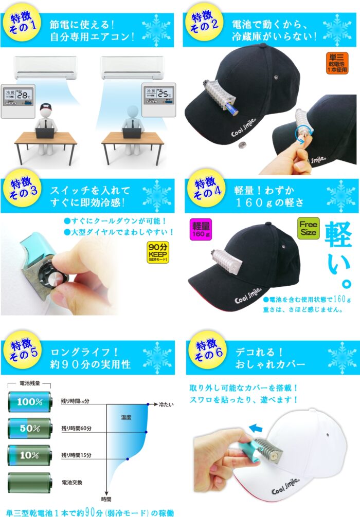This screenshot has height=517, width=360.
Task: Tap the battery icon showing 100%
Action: tap(29, 401)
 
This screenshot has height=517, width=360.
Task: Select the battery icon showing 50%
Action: tap(29, 427)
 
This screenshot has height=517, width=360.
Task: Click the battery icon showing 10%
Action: tap(29, 454)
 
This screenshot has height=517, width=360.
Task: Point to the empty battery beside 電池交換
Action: tap(29, 482)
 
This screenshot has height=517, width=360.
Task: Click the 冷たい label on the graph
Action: tap(166, 404)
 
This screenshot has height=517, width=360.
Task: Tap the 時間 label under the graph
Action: tap(106, 498)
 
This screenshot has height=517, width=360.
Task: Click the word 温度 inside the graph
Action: tap(128, 418)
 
